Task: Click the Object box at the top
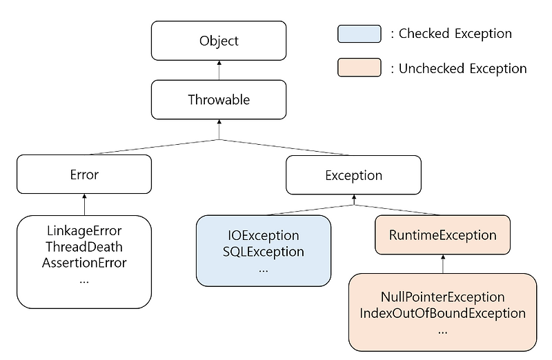click(219, 41)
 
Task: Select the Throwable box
click(219, 99)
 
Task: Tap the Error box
click(84, 174)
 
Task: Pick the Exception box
click(353, 175)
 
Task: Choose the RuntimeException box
click(442, 235)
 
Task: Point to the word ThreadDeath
click(84, 246)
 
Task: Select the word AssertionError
click(84, 262)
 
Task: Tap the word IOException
click(264, 236)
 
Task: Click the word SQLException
click(264, 252)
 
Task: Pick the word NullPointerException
click(442, 297)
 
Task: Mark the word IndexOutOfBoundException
click(442, 313)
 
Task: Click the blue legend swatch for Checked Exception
click(359, 33)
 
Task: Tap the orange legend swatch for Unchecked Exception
click(359, 68)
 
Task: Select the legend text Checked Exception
click(455, 33)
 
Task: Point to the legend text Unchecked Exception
click(463, 68)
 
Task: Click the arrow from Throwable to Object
click(219, 70)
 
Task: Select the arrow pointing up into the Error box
click(84, 203)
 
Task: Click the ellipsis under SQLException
click(264, 269)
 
